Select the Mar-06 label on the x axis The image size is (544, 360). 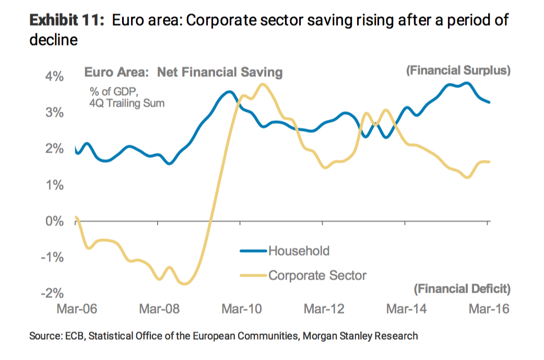[77, 309]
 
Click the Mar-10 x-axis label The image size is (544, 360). [242, 309]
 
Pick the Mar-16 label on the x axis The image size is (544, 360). [489, 309]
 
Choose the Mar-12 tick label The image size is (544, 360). [324, 309]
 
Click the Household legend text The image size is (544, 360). [299, 251]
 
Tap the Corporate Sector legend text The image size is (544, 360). [317, 275]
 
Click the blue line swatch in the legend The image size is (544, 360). [253, 251]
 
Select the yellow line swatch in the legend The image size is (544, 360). [253, 275]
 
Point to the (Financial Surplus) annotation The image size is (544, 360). [458, 71]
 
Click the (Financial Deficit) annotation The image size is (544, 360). [462, 288]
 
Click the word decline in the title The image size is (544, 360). [53, 40]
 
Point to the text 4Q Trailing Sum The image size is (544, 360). [127, 103]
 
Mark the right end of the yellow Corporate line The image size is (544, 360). [489, 162]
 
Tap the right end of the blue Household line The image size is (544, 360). [489, 102]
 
